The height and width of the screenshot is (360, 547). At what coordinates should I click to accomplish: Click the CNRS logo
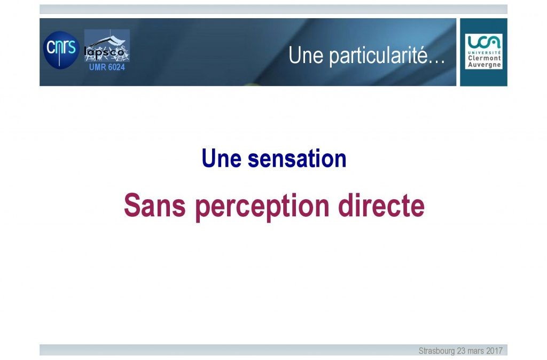pyautogui.click(x=61, y=50)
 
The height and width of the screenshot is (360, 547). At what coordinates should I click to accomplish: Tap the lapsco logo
pyautogui.click(x=107, y=45)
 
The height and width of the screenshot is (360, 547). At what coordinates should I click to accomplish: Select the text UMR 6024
pyautogui.click(x=107, y=67)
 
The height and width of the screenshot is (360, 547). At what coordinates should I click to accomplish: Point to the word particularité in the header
pyautogui.click(x=378, y=56)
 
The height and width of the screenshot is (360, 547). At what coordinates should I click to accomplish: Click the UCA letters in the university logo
pyautogui.click(x=484, y=42)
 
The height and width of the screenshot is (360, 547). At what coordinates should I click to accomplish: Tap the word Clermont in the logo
pyautogui.click(x=484, y=58)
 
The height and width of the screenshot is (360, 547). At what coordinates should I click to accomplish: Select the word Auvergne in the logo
pyautogui.click(x=484, y=65)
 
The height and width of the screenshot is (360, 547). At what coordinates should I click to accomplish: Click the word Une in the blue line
pyautogui.click(x=222, y=159)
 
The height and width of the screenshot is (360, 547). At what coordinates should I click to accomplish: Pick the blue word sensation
pyautogui.click(x=297, y=159)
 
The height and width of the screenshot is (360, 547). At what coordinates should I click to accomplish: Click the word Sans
pyautogui.click(x=154, y=206)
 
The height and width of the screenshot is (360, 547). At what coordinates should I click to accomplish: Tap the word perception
pyautogui.click(x=262, y=207)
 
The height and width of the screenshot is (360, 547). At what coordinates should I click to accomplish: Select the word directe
pyautogui.click(x=381, y=206)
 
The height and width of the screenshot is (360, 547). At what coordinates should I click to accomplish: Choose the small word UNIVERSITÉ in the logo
pyautogui.click(x=484, y=52)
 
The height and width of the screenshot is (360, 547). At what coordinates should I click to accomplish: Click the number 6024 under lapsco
pyautogui.click(x=116, y=67)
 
